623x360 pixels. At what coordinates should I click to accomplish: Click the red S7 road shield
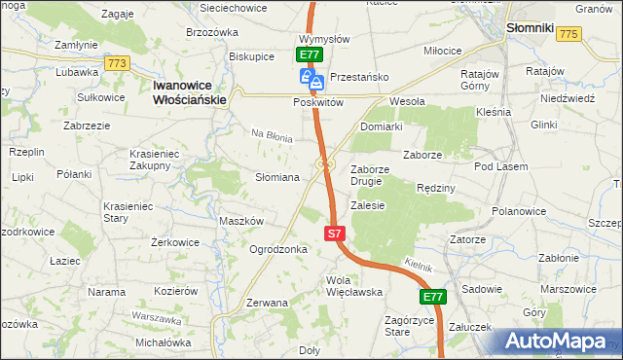click(x=334, y=234)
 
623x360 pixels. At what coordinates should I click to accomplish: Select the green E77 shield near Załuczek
click(x=433, y=297)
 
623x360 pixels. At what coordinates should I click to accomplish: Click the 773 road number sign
click(x=118, y=63)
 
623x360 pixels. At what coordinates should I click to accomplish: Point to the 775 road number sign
click(x=569, y=34)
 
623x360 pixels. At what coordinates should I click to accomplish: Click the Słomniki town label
click(x=531, y=29)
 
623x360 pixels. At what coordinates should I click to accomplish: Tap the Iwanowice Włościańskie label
click(x=190, y=92)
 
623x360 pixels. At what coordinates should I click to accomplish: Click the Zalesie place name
click(x=368, y=205)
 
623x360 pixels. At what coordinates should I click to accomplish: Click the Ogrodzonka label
click(x=278, y=249)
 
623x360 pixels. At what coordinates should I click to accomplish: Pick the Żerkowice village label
click(x=175, y=242)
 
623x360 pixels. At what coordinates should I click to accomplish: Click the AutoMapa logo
click(x=558, y=342)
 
